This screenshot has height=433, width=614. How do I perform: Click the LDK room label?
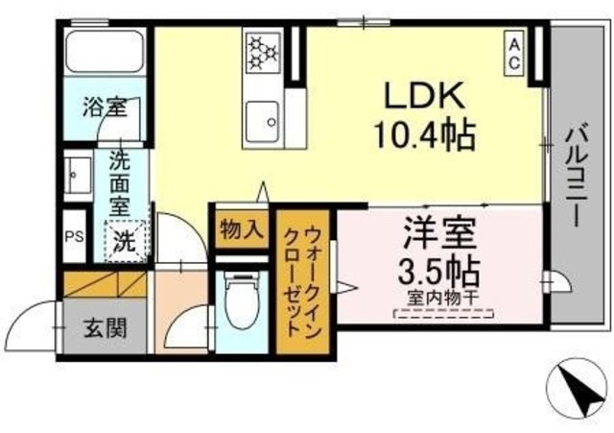[x=425, y=97]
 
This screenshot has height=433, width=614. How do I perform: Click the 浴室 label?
[x=103, y=108]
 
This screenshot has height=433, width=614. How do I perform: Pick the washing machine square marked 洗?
[x=125, y=240]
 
